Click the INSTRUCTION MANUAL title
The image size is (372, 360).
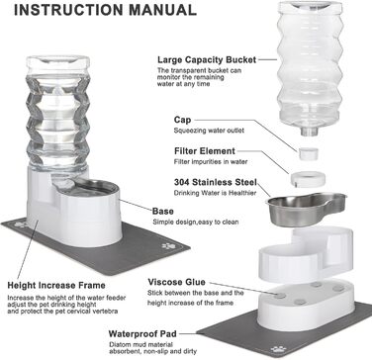point(105,10)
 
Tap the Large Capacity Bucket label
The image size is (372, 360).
point(207,60)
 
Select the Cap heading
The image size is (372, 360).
point(182,120)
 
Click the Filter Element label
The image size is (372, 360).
point(205,151)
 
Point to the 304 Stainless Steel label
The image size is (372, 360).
point(216,182)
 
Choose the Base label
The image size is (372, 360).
point(163,211)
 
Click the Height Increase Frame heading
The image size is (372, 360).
point(56,285)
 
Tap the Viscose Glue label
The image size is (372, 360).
point(176,282)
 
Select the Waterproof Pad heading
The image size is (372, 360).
point(142,334)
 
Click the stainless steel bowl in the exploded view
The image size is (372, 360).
point(307,209)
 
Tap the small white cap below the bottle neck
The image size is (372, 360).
point(309,154)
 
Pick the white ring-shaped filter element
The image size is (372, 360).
point(308,179)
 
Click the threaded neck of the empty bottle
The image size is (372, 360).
point(309,132)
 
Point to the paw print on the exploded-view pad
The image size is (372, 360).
point(278,349)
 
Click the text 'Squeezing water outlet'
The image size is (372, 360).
point(209,131)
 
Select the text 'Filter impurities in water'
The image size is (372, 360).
point(211,162)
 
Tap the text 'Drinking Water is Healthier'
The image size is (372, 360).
point(215,193)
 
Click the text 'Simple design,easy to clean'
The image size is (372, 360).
point(196,222)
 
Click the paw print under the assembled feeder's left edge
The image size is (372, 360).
point(21,225)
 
